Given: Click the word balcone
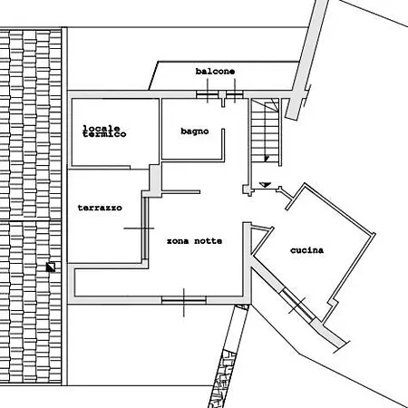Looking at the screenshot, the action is pyautogui.click(x=215, y=72).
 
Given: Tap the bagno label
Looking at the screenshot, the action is pyautogui.click(x=195, y=131).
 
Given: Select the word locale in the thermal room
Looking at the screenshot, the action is pyautogui.click(x=102, y=128).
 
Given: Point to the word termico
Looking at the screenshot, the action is pyautogui.click(x=104, y=134).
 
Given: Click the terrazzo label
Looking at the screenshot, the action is pyautogui.click(x=100, y=208).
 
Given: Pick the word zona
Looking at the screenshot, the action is pyautogui.click(x=178, y=241).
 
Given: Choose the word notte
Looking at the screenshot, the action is pyautogui.click(x=209, y=241).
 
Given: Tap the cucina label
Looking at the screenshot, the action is pyautogui.click(x=306, y=250).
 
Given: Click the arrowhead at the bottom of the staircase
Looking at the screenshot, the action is pyautogui.click(x=267, y=159).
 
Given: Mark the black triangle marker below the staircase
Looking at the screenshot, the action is pyautogui.click(x=265, y=184).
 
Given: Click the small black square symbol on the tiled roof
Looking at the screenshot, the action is pyautogui.click(x=51, y=267).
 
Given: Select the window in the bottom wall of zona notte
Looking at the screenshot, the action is pyautogui.click(x=184, y=300).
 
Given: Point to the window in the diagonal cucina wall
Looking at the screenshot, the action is pyautogui.click(x=297, y=305).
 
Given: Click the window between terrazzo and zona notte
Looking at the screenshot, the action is pyautogui.click(x=145, y=228).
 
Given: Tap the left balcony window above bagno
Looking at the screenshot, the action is pyautogui.click(x=208, y=94).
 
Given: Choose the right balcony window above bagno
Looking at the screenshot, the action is pyautogui.click(x=235, y=94).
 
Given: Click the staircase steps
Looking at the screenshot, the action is pyautogui.click(x=266, y=131).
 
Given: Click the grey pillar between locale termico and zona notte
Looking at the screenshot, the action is pyautogui.click(x=155, y=180).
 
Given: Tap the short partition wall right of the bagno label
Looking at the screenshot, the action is pyautogui.click(x=223, y=144).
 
